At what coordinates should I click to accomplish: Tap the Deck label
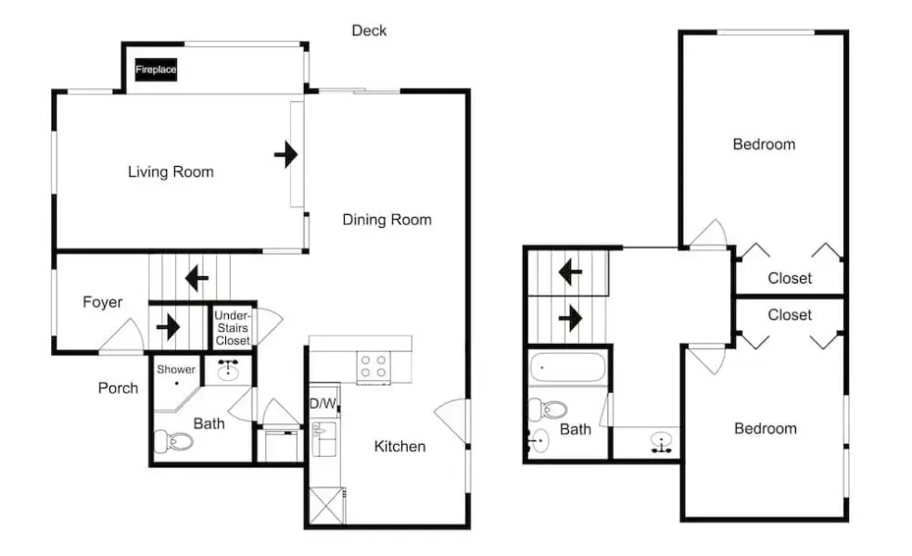369,31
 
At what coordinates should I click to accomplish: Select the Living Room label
171,171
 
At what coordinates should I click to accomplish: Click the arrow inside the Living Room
286,154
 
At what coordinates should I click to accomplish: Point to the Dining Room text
386,220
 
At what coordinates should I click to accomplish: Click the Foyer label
102,302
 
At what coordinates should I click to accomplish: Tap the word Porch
118,387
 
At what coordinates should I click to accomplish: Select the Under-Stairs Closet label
232,328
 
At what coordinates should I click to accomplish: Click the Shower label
176,370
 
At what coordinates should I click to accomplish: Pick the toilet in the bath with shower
174,440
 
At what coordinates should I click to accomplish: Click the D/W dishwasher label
322,404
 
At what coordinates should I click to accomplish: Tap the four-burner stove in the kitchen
374,368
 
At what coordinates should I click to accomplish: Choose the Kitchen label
399,447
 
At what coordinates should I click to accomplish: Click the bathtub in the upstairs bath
566,368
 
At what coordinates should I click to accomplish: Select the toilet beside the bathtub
554,408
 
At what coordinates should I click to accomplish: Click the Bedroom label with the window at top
764,145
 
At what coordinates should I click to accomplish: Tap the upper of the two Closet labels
790,278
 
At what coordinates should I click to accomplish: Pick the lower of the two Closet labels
790,315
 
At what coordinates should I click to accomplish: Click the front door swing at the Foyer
122,337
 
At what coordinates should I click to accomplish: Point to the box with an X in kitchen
323,505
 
